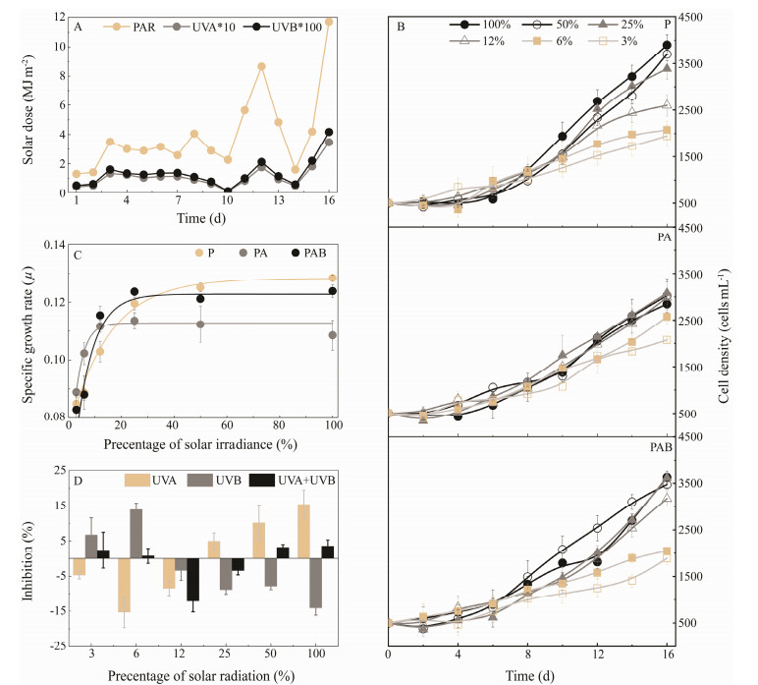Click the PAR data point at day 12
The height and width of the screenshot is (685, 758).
coord(261,66)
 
